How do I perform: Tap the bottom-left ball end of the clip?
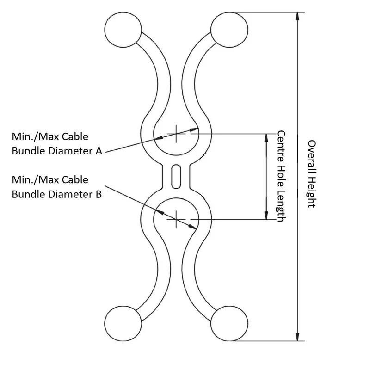point(123,323)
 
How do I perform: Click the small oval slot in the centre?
point(175,176)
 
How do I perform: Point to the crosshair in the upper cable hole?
point(176,134)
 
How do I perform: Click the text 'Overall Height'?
point(311,173)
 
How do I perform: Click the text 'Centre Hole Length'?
point(280,176)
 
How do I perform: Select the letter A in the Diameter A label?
point(98,151)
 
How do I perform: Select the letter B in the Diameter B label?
point(98,194)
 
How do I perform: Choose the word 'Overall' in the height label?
point(311,155)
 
